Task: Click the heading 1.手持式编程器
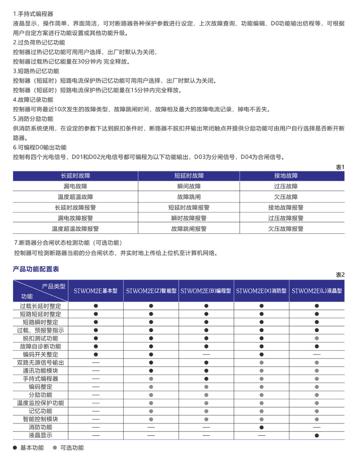pyautogui.click(x=33, y=14)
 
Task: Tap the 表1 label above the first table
pyautogui.click(x=340, y=167)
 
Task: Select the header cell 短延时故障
pyautogui.click(x=189, y=176)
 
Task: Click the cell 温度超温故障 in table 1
pyautogui.click(x=75, y=197)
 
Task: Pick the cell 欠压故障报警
pyautogui.click(x=286, y=229)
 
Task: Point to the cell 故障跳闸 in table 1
pyautogui.click(x=189, y=197)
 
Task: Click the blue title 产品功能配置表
pyautogui.click(x=36, y=269)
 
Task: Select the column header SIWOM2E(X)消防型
pyautogui.click(x=261, y=291)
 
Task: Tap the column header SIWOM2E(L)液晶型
pyautogui.click(x=317, y=291)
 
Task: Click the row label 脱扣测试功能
pyautogui.click(x=40, y=338)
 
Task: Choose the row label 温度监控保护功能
pyautogui.click(x=40, y=403)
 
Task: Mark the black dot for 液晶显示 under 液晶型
pyautogui.click(x=317, y=436)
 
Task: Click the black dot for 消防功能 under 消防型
pyautogui.click(x=261, y=428)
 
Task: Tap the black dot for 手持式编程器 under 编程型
pyautogui.click(x=206, y=379)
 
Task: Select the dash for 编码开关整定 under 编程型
pyautogui.click(x=206, y=355)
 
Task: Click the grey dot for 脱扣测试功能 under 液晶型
pyautogui.click(x=317, y=338)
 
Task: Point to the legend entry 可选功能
pyautogui.click(x=72, y=448)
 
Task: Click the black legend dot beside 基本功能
pyautogui.click(x=15, y=448)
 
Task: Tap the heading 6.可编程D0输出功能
pyautogui.click(x=40, y=147)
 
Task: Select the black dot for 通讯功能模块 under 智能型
pyautogui.click(x=151, y=371)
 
